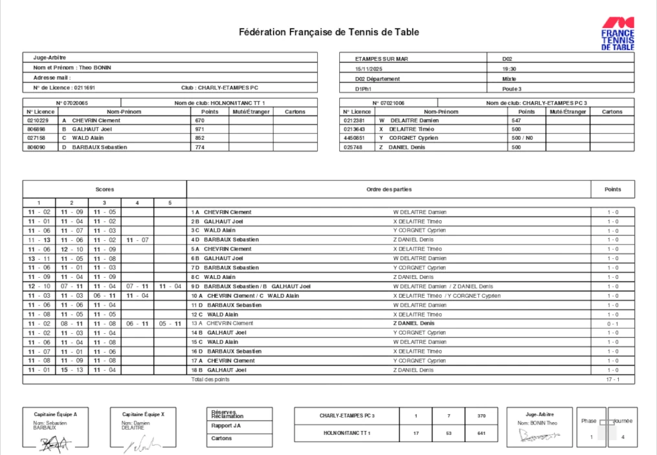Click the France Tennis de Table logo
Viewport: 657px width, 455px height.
pos(618,33)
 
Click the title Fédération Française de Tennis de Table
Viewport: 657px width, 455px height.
pos(329,32)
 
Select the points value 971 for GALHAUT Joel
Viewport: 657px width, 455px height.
pos(199,129)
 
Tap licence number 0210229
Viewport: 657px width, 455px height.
pos(38,120)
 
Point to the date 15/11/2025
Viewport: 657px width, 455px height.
pos(370,68)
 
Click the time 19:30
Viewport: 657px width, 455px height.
pos(509,68)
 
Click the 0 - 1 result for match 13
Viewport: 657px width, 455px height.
pos(612,323)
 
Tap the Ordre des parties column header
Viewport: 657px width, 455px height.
pos(388,189)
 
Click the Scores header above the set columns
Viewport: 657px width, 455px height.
pos(104,189)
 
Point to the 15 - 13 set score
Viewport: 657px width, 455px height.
pos(72,370)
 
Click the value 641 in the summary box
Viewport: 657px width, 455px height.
pos(481,433)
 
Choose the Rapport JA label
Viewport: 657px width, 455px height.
pos(226,426)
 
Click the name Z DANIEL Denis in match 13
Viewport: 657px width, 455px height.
pos(414,323)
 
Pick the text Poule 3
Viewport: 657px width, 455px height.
pos(511,89)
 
